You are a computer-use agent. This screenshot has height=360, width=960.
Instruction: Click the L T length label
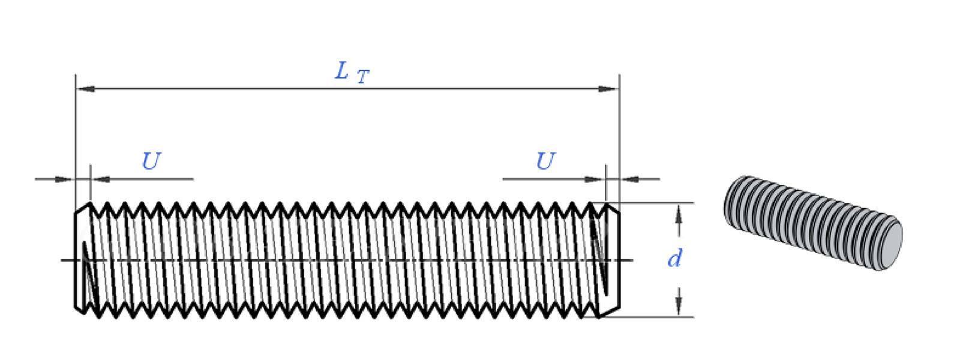[x=352, y=73]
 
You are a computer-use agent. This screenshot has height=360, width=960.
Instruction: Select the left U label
[x=151, y=161]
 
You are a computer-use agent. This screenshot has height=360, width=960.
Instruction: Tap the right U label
[x=546, y=161]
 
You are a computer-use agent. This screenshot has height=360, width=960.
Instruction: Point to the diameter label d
[x=674, y=258]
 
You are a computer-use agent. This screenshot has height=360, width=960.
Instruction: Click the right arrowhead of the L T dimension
[x=609, y=89]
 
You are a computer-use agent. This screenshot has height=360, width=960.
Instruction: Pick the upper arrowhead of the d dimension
[x=679, y=214]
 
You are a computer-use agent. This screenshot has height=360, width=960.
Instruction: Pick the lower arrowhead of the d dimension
[x=679, y=306]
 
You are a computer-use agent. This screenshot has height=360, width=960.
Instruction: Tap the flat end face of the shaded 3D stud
[x=888, y=247]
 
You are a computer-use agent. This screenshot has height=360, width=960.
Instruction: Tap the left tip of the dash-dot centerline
[x=61, y=260]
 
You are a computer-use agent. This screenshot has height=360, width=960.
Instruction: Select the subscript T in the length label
[x=362, y=77]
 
